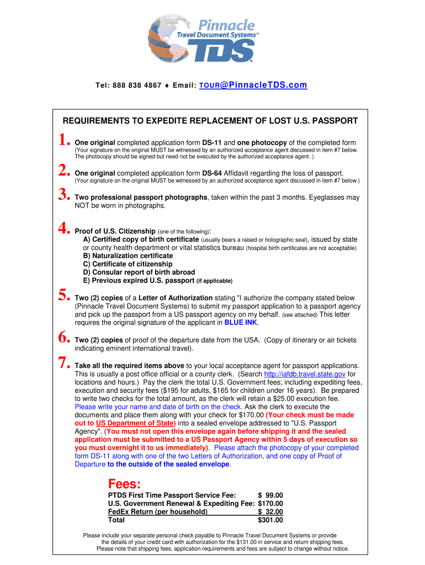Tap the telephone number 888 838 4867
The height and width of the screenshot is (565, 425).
(x=137, y=86)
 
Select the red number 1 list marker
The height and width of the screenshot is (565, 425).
(x=64, y=142)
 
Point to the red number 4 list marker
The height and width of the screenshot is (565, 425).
(x=64, y=227)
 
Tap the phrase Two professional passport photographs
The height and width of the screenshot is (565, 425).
(x=141, y=197)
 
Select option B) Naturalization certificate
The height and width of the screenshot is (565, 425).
(x=127, y=256)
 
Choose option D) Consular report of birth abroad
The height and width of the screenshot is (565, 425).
(x=139, y=272)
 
